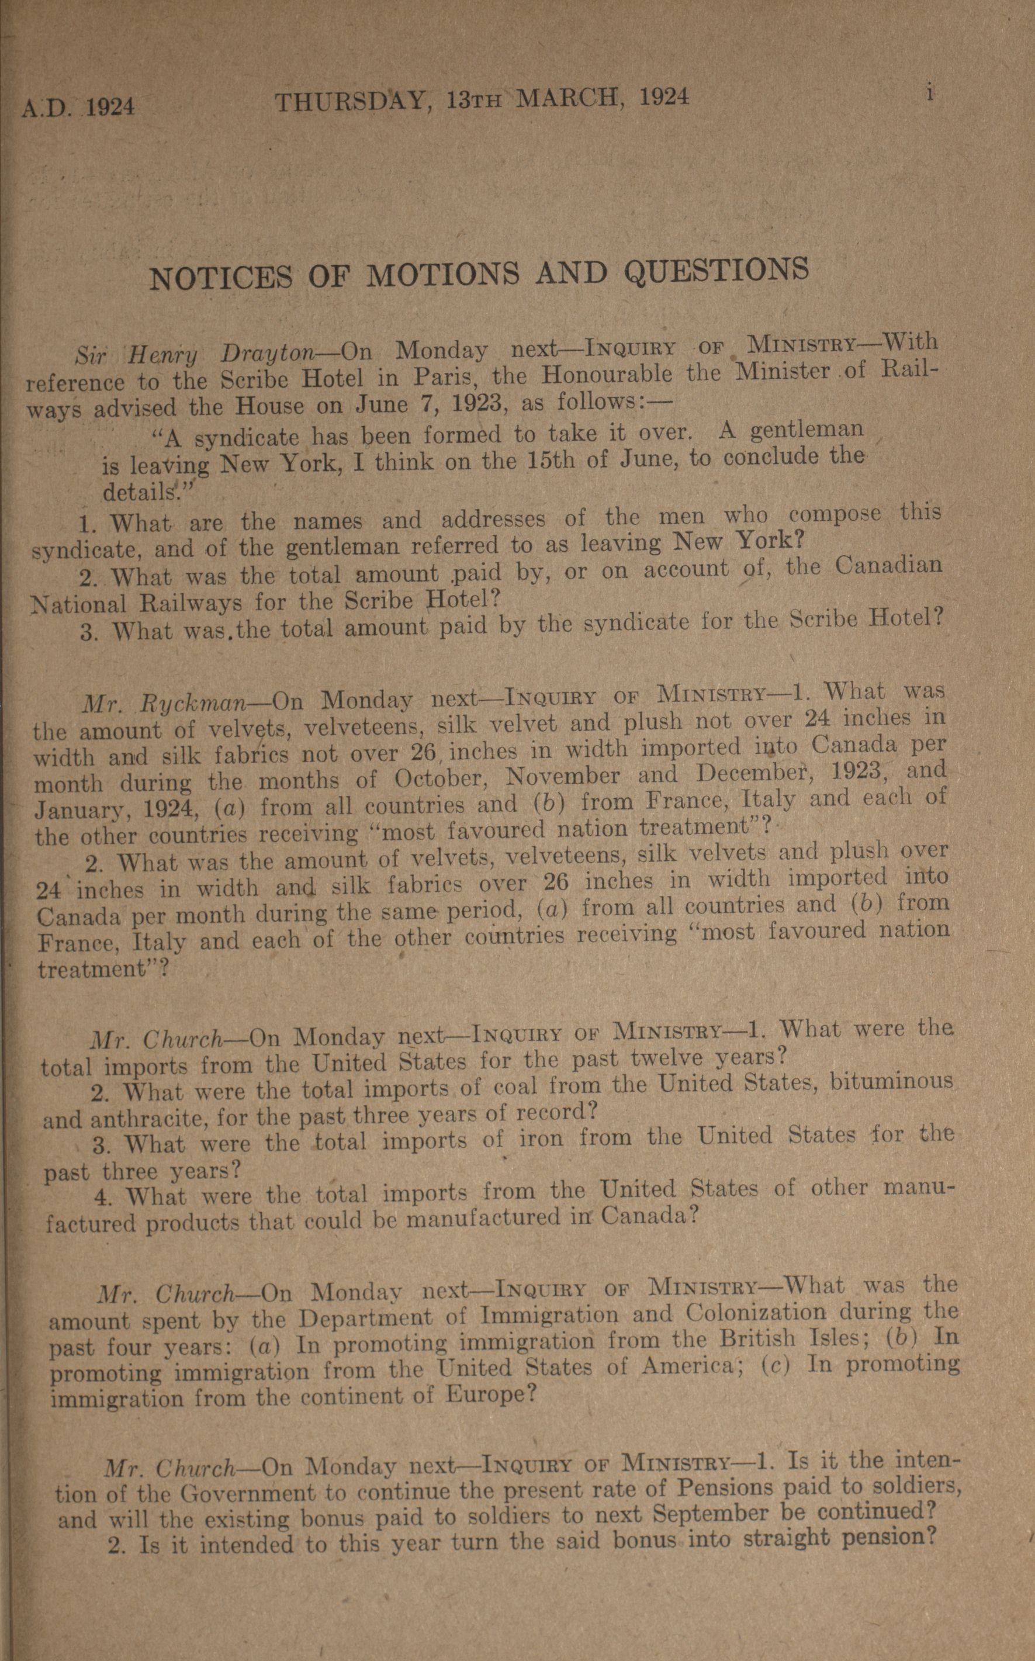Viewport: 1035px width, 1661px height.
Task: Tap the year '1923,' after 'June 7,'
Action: click(475, 405)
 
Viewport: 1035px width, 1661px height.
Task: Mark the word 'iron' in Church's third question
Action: click(541, 1137)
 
